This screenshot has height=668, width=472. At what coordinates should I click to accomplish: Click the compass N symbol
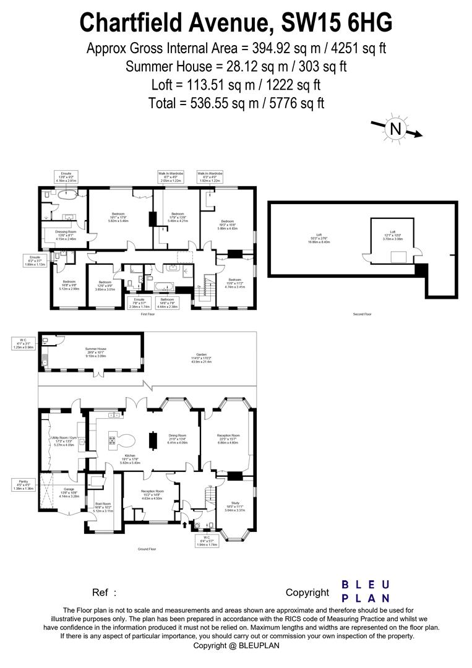click(x=395, y=129)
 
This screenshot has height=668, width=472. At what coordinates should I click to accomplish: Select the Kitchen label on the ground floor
click(x=130, y=458)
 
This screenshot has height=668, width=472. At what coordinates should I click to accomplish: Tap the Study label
click(x=234, y=507)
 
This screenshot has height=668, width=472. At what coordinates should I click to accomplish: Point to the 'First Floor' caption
click(x=147, y=314)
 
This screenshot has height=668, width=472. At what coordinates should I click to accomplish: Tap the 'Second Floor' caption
click(x=362, y=314)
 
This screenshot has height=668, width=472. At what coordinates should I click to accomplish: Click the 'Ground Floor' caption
click(x=147, y=549)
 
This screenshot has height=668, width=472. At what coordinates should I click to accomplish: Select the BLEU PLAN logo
click(x=366, y=591)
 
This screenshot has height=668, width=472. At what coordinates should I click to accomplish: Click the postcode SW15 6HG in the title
click(x=337, y=24)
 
